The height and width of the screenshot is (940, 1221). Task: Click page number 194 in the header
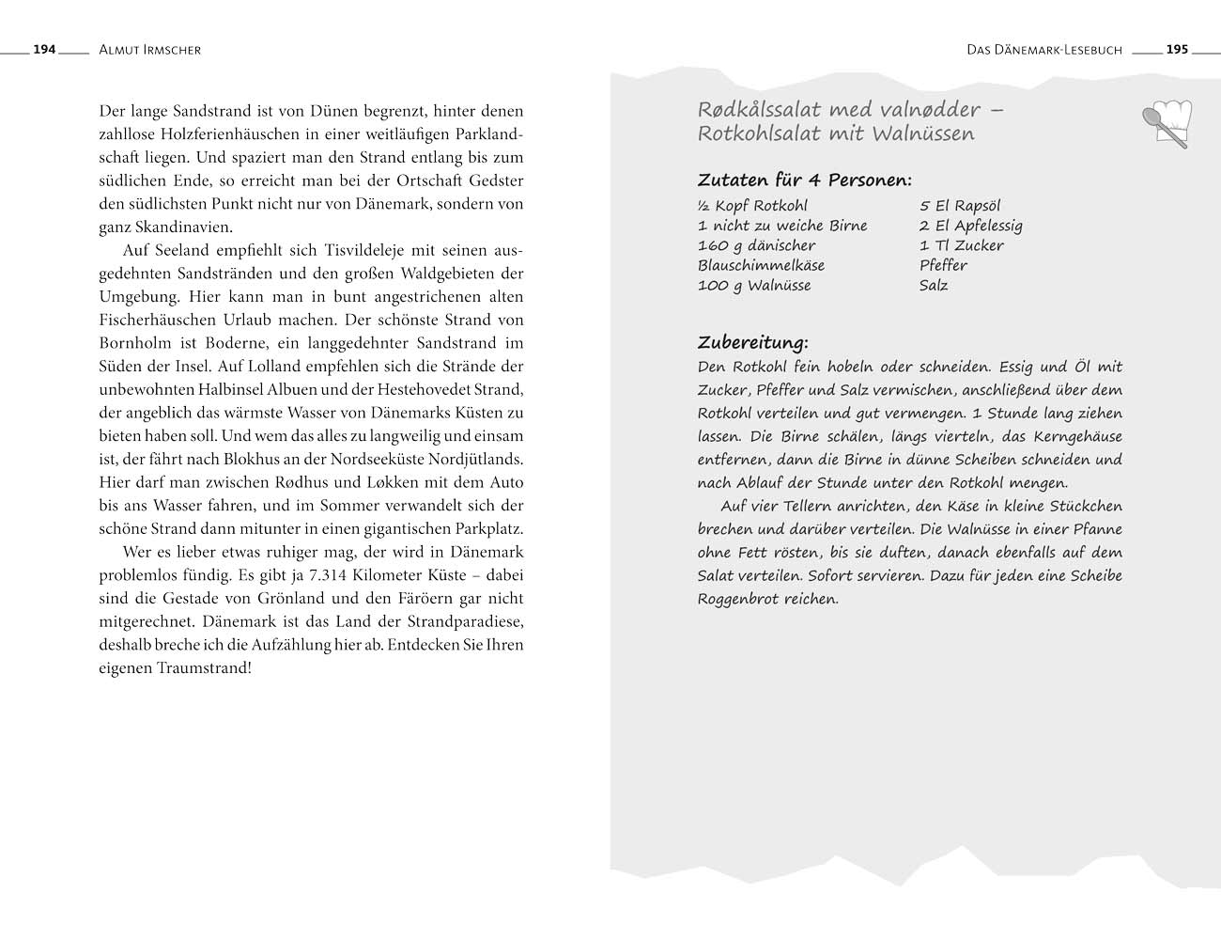[x=44, y=50]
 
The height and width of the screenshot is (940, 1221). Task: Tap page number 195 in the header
[x=1177, y=50]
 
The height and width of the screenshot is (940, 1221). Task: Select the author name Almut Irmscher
[x=149, y=50]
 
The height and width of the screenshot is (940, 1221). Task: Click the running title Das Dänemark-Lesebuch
[x=1043, y=50]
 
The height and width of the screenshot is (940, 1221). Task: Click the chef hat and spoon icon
[x=1166, y=123]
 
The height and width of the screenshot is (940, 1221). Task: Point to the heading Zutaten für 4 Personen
[x=804, y=180]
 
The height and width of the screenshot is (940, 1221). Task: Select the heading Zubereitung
[x=752, y=342]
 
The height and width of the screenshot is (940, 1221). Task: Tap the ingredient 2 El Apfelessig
[x=970, y=226]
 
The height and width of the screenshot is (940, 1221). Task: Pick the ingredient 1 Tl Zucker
[x=961, y=245]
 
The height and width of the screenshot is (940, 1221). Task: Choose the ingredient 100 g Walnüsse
[x=753, y=286]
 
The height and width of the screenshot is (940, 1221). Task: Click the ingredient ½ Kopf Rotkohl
[x=752, y=206]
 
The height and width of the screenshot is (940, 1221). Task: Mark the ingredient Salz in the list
[x=934, y=286]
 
